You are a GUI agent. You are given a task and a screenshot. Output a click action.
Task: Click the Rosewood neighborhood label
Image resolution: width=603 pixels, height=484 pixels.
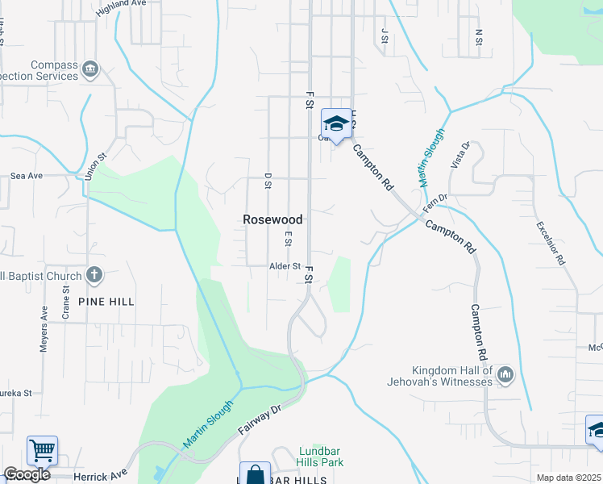click(x=273, y=219)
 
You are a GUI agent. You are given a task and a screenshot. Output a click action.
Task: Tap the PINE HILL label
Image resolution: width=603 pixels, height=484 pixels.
click(x=106, y=301)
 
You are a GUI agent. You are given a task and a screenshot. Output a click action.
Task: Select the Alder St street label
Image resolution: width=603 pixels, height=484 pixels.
click(x=285, y=265)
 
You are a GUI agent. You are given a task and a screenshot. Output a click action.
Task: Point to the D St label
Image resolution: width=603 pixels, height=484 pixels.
click(x=268, y=181)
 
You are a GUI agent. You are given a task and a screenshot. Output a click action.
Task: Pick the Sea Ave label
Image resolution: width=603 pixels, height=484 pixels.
click(x=26, y=175)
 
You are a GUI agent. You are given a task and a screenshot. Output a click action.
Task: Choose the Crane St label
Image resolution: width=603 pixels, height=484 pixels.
click(x=65, y=307)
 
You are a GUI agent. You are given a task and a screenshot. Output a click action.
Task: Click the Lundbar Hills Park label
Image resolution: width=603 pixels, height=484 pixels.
click(x=321, y=457)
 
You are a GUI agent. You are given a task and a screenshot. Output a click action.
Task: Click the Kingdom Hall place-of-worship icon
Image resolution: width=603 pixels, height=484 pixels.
click(x=505, y=373)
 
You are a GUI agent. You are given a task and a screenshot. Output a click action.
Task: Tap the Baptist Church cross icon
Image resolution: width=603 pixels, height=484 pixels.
click(x=94, y=275)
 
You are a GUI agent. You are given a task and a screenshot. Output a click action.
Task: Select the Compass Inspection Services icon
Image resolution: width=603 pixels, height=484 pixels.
click(x=90, y=68)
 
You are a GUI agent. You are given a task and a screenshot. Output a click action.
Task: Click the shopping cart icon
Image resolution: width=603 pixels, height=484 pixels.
click(x=42, y=449)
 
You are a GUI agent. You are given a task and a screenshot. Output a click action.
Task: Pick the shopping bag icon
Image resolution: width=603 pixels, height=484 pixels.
click(x=255, y=474)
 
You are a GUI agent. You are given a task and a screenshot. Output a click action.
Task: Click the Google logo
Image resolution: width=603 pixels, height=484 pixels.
click(x=27, y=474)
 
